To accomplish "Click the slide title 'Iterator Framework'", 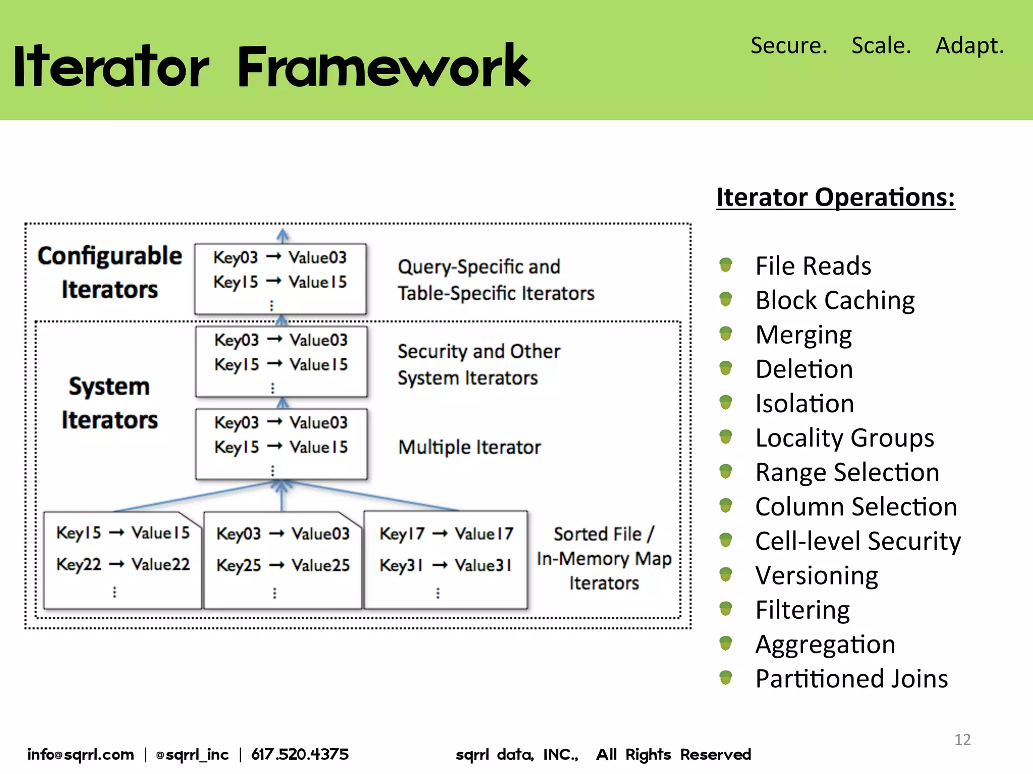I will coord(271,67).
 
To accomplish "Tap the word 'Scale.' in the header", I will coord(881,45).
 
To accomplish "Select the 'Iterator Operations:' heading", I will coord(835,197).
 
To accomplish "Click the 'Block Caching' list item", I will coord(835,300).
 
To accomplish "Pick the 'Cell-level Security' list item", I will coord(857,541).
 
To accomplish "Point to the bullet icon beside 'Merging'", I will coord(725,334).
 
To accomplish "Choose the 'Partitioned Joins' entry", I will coord(851,679).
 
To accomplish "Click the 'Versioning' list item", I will coord(817,575).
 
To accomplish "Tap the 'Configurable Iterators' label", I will coord(109,273).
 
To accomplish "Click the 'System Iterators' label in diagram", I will coord(109,403).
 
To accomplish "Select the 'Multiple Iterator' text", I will coord(469,447).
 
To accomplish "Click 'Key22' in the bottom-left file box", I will coord(79,564).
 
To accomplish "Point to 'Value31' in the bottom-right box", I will coord(483,565).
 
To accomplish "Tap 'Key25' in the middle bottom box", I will coord(239,565).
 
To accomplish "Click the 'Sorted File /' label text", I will coord(603,534).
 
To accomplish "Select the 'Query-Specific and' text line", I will coord(479,267).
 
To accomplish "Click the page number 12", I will coord(962,739).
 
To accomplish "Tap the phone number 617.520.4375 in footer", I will coord(300,754).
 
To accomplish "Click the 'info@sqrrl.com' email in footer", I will coord(81,754).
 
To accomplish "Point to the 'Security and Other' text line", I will coord(479,352).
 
